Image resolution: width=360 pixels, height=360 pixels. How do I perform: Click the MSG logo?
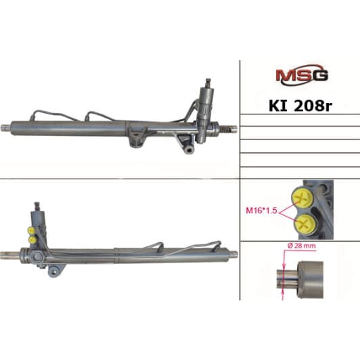302,74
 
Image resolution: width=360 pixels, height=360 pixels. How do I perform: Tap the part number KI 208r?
300,106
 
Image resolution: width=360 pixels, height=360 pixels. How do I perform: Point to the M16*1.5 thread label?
261,210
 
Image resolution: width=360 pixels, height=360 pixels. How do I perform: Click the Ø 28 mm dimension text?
302,246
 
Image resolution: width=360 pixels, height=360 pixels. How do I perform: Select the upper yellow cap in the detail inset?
302,198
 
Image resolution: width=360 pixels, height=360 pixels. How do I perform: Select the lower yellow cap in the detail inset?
305,224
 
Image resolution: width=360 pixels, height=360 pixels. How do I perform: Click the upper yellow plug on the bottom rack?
30,230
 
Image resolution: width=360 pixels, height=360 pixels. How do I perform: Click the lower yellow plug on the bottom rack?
32,240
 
